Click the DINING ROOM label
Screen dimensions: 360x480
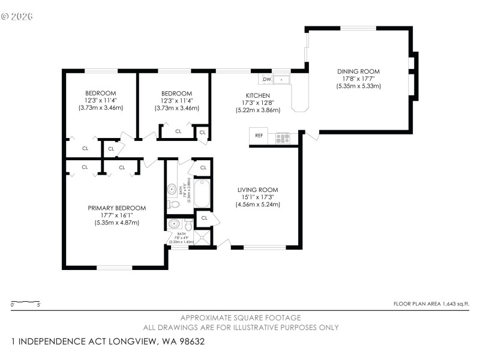(x=358, y=71)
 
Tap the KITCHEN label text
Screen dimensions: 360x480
(x=257, y=95)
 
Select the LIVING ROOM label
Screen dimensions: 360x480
(x=257, y=190)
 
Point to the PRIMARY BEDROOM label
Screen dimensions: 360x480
(x=116, y=208)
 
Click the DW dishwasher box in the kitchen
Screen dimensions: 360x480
(x=266, y=79)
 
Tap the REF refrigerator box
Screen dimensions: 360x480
(x=259, y=136)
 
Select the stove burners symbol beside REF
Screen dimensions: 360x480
(x=282, y=139)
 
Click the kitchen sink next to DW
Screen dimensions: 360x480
(x=281, y=79)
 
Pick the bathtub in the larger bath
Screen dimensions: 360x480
(x=202, y=193)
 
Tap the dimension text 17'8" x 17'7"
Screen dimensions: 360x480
(x=358, y=79)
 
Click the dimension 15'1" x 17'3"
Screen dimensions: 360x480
(x=257, y=197)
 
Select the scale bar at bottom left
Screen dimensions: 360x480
(x=26, y=302)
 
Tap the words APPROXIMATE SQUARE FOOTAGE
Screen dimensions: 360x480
(x=241, y=317)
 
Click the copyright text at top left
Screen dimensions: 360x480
(x=17, y=16)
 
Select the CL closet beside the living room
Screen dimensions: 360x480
(x=205, y=218)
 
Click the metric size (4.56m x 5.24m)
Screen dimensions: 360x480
(x=257, y=204)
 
